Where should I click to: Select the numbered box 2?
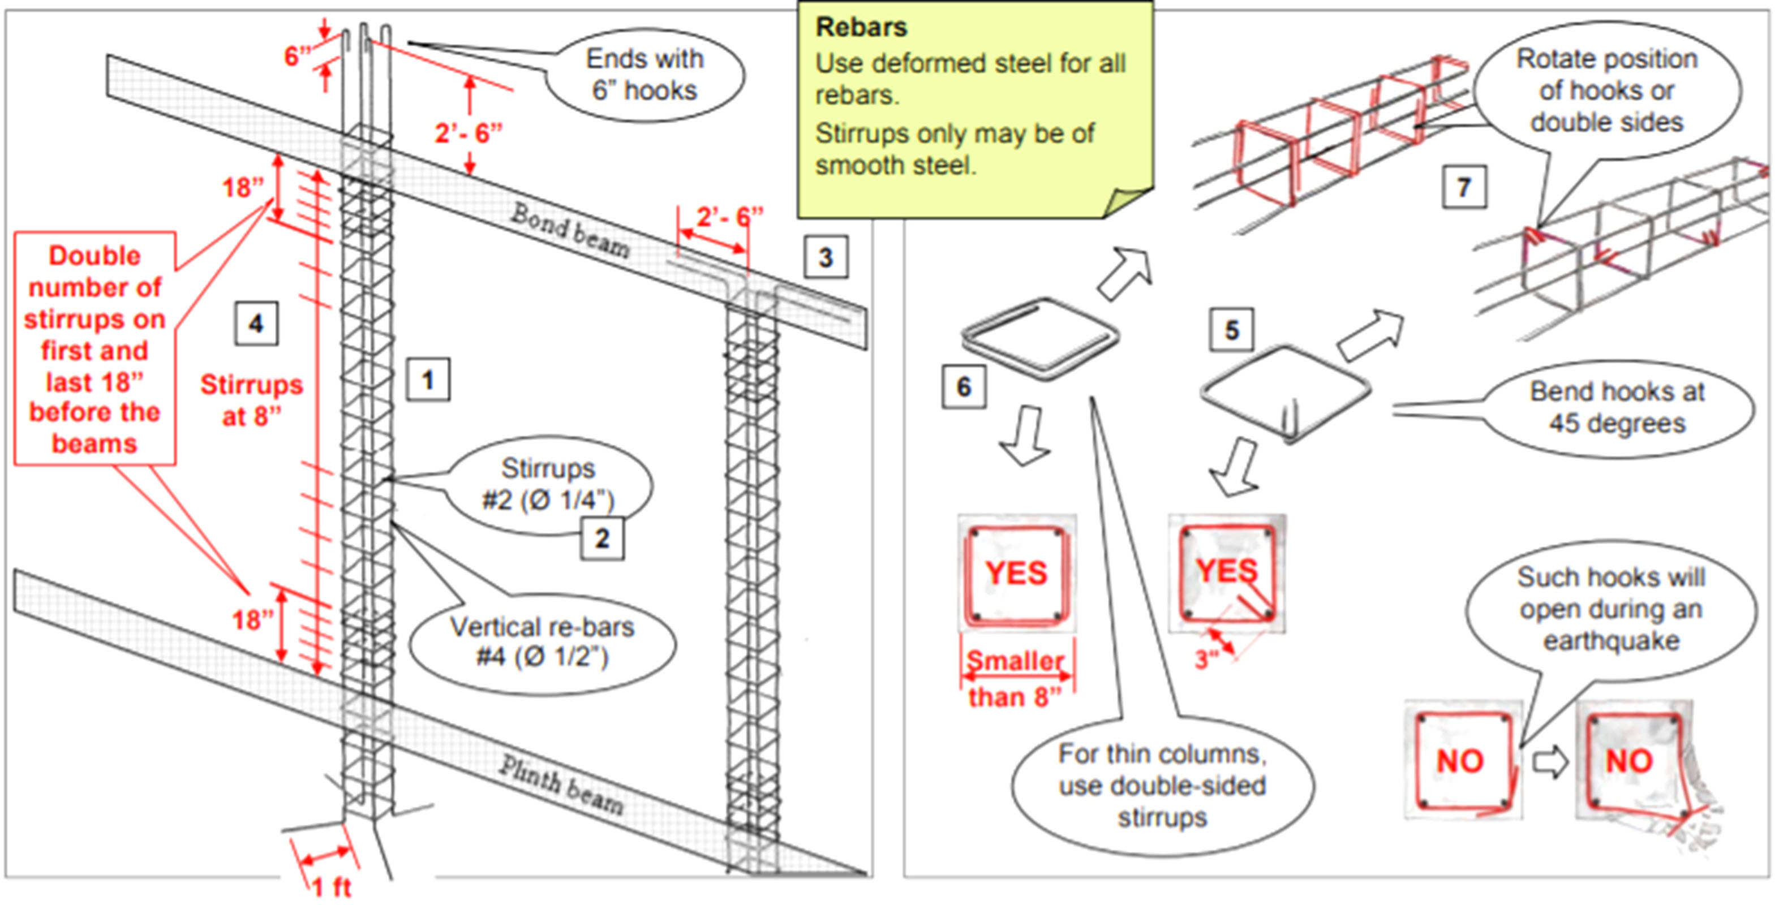click(601, 538)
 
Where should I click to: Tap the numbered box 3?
click(825, 257)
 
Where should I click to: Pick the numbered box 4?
click(256, 323)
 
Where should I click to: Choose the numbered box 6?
click(964, 386)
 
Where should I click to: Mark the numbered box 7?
click(1463, 187)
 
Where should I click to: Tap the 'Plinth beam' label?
click(561, 785)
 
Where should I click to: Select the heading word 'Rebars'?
click(861, 28)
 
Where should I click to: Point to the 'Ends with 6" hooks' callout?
click(644, 75)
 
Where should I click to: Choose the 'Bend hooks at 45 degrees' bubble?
click(1617, 407)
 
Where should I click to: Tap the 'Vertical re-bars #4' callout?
click(542, 642)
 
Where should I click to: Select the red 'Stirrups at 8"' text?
click(251, 400)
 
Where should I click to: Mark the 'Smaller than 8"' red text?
click(1015, 679)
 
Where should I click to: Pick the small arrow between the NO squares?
click(1549, 764)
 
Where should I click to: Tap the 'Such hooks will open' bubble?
click(1610, 609)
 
